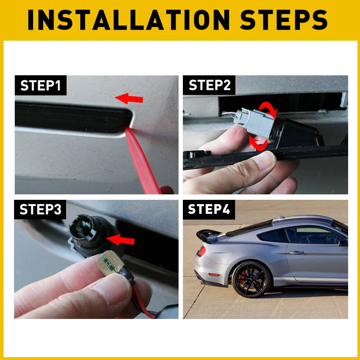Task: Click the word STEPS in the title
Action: click(284, 20)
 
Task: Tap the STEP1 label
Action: click(40, 86)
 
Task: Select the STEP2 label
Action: click(209, 86)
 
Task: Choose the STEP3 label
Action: click(40, 210)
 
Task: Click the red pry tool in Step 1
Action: click(140, 158)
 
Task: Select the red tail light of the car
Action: click(201, 251)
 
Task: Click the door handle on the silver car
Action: click(297, 253)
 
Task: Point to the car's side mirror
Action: click(343, 243)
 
